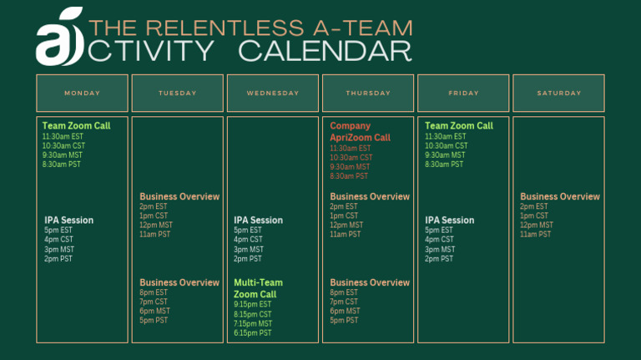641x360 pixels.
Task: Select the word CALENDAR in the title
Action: (325, 52)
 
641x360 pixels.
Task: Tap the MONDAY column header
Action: (82, 93)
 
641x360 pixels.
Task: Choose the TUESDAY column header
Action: (178, 93)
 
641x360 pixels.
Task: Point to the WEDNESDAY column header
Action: (273, 93)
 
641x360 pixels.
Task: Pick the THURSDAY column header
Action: (368, 93)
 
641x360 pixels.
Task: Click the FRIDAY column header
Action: (463, 93)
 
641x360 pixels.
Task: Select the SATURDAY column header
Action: (558, 93)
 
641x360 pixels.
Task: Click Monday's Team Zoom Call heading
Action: (76, 126)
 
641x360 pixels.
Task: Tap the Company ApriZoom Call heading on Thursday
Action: (360, 132)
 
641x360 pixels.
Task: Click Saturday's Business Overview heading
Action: (560, 197)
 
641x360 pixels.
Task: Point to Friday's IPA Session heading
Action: (449, 221)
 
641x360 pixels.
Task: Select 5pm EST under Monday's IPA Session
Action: (58, 231)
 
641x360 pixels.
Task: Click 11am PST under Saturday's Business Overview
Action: (535, 235)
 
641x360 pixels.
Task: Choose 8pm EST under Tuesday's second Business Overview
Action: (154, 293)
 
